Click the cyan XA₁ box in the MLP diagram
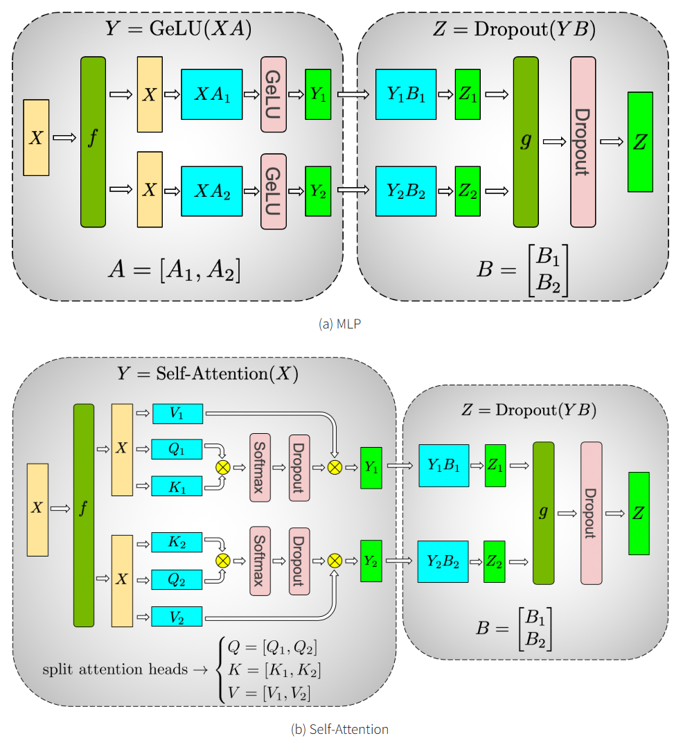pyautogui.click(x=211, y=94)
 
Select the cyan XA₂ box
pyautogui.click(x=211, y=191)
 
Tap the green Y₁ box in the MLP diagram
pyautogui.click(x=318, y=94)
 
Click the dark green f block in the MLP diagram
pyautogui.click(x=93, y=142)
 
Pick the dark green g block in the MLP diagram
pyautogui.click(x=525, y=142)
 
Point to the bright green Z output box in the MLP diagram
pyautogui.click(x=639, y=142)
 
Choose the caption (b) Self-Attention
pyautogui.click(x=339, y=729)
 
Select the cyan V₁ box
pyautogui.click(x=177, y=414)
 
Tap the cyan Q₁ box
pyautogui.click(x=177, y=449)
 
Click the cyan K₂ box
pyautogui.click(x=177, y=542)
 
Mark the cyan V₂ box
pyautogui.click(x=177, y=616)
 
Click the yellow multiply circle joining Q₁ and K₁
pyautogui.click(x=222, y=467)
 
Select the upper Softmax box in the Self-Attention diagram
pyautogui.click(x=260, y=467)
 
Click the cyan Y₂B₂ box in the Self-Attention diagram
pyautogui.click(x=443, y=561)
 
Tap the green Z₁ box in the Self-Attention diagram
pyautogui.click(x=495, y=466)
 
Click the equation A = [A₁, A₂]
pyautogui.click(x=174, y=270)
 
